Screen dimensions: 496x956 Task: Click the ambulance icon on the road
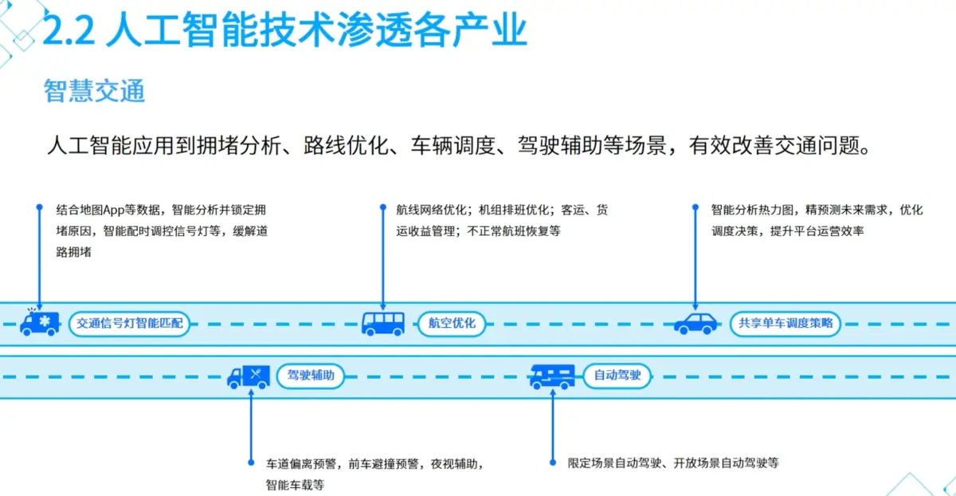pyautogui.click(x=39, y=323)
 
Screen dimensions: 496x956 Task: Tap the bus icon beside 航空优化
pyautogui.click(x=383, y=323)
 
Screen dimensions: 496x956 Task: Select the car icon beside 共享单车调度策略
pyautogui.click(x=695, y=324)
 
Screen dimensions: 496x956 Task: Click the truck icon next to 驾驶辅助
pyautogui.click(x=249, y=376)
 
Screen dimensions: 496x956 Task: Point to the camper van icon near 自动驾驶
pyautogui.click(x=552, y=376)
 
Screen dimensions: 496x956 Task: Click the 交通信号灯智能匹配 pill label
pyautogui.click(x=129, y=324)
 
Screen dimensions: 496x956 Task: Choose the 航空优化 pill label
pyautogui.click(x=452, y=324)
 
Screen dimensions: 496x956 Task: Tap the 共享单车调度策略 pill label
pyautogui.click(x=785, y=324)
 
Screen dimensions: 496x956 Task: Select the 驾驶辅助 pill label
pyautogui.click(x=310, y=376)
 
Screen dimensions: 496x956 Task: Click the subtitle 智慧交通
pyautogui.click(x=94, y=92)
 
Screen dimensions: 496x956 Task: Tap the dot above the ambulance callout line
pyautogui.click(x=39, y=207)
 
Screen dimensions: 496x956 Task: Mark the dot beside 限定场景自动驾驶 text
pyautogui.click(x=552, y=462)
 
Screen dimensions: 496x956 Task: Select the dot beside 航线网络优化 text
pyautogui.click(x=382, y=207)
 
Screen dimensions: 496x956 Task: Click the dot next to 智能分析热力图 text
pyautogui.click(x=695, y=207)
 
